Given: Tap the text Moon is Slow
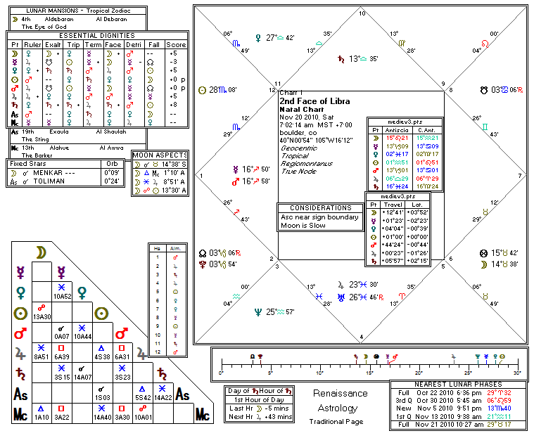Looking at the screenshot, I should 303,226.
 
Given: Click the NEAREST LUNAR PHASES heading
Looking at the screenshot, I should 457,385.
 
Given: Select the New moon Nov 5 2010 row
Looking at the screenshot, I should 457,408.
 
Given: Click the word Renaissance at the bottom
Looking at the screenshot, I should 340,394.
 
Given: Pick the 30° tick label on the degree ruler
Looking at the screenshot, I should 516,373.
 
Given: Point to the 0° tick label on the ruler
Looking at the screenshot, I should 221,373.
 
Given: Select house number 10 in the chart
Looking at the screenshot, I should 362,13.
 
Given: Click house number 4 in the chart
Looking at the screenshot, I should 362,337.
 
